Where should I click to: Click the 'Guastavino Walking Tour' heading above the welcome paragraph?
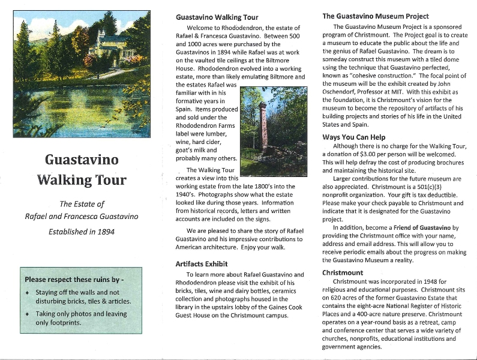tap(217, 17)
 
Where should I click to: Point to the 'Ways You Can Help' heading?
tap(354, 137)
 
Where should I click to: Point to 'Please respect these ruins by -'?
tap(74, 280)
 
